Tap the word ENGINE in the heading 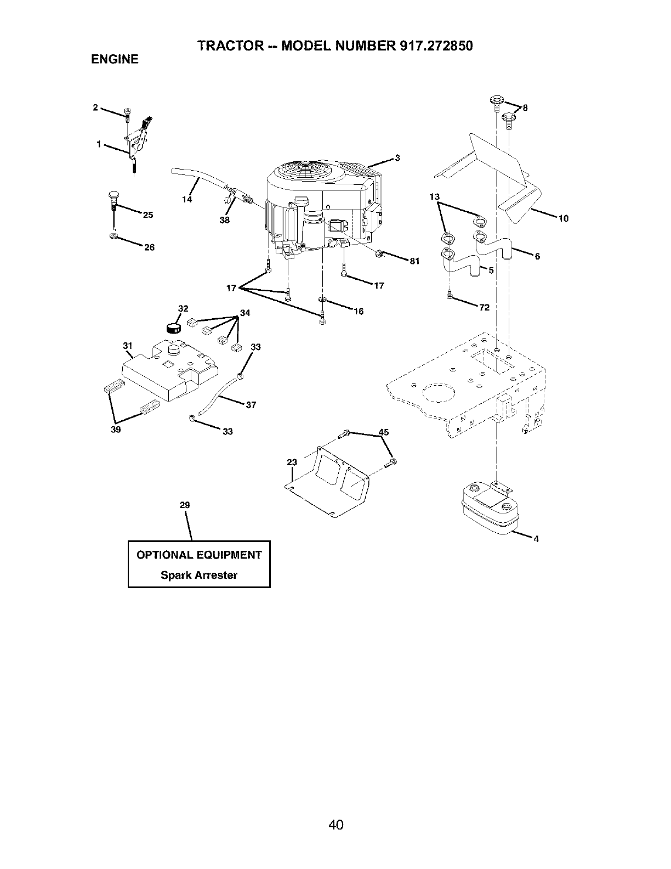click(115, 59)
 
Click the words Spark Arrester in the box click(199, 575)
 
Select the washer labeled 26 click(113, 236)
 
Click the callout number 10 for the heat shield click(563, 218)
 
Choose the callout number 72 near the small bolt click(484, 307)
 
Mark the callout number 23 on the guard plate click(292, 462)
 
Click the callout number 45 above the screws click(384, 432)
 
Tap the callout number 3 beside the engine click(398, 159)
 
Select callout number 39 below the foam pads click(116, 430)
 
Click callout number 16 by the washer click(359, 312)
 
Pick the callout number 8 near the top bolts click(525, 108)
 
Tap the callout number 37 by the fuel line click(251, 405)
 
